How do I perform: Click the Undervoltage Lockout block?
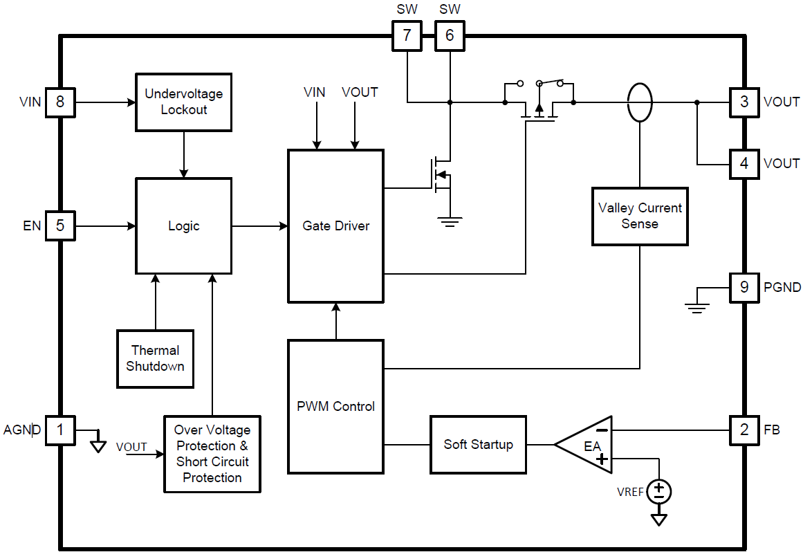coord(184,102)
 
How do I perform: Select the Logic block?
coord(184,226)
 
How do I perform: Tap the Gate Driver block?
coord(336,226)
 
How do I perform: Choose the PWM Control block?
coord(336,407)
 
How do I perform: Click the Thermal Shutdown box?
coord(155,358)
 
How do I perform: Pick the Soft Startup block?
coord(478,445)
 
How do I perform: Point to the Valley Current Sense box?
coord(640,216)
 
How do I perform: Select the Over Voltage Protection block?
coord(212,454)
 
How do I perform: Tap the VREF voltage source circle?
coord(659,491)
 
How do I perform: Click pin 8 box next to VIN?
coord(60,102)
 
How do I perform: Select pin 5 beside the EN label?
coord(60,226)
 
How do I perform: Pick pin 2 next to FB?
coord(744,430)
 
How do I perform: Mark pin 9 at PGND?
coord(744,287)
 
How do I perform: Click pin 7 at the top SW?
coord(407,35)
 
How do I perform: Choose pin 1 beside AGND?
coord(60,430)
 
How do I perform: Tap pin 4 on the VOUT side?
coord(744,164)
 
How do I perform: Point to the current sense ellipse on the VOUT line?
coord(640,102)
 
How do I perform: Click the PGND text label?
coord(782,287)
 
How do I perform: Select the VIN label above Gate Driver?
coord(315,92)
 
